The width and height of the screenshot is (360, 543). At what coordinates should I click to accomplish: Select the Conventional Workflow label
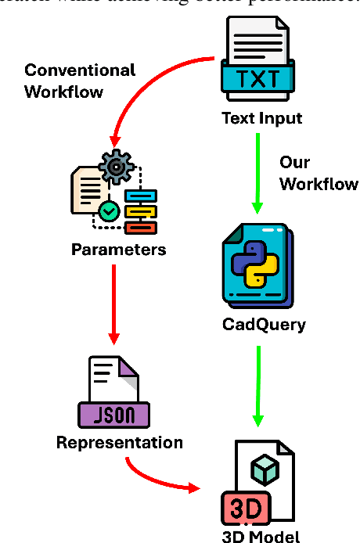[79, 81]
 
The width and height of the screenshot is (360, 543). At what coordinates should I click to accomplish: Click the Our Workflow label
[319, 173]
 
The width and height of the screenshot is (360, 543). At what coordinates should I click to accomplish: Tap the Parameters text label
[119, 250]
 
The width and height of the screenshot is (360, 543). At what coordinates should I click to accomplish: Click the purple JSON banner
[114, 412]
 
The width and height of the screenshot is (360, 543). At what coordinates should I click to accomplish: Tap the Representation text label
[119, 443]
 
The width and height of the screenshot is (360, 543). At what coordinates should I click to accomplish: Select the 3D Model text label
[261, 536]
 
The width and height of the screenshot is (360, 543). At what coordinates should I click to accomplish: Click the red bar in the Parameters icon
[141, 227]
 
